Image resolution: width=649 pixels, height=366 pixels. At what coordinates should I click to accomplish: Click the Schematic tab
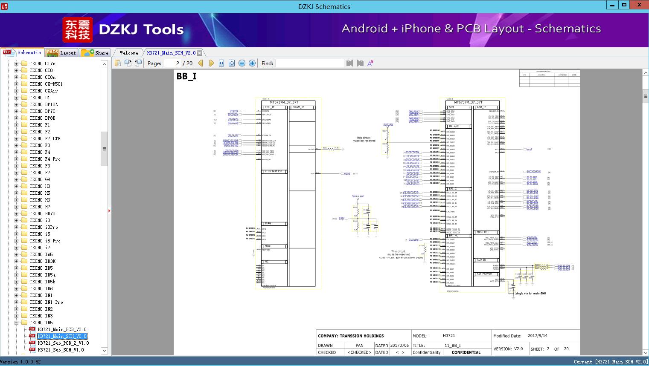(x=23, y=52)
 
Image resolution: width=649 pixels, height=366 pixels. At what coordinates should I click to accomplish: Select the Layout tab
(x=61, y=53)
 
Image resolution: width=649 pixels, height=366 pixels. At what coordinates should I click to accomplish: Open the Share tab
(x=95, y=53)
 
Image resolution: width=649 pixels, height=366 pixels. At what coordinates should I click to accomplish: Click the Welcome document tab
(x=129, y=53)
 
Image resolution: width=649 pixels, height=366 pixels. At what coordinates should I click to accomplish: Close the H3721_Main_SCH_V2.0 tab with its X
(x=199, y=53)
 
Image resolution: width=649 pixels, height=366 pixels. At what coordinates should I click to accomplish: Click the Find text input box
(x=309, y=63)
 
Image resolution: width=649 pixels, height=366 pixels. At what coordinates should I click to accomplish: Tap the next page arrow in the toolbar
(x=211, y=63)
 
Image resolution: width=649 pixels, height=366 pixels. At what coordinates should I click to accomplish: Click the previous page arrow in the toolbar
(x=201, y=63)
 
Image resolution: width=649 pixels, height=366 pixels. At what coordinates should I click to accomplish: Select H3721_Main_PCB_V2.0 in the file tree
(x=62, y=329)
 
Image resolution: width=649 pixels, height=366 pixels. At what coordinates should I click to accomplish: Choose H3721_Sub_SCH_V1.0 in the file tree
(x=61, y=350)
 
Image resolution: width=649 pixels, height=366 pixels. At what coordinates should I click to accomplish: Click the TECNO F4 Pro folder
(x=45, y=159)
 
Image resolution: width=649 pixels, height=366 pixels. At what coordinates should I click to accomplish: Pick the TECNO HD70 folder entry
(x=42, y=213)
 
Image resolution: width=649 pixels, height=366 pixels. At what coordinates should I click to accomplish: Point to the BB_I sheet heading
(x=186, y=77)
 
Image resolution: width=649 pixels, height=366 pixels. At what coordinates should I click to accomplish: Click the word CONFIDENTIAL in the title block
(x=466, y=352)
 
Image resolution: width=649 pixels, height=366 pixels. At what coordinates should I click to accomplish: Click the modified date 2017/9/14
(x=537, y=336)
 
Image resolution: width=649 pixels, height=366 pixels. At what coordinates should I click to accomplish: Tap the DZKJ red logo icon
(x=78, y=30)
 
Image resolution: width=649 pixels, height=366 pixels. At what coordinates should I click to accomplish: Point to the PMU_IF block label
(x=270, y=107)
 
